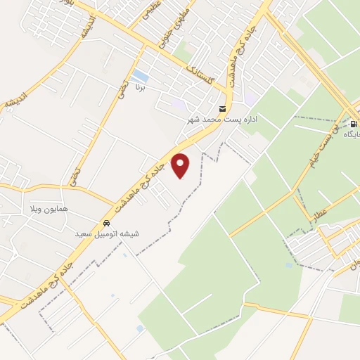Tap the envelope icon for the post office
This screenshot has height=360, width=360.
tap(223, 109)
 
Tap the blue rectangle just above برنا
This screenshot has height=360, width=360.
tap(141, 75)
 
